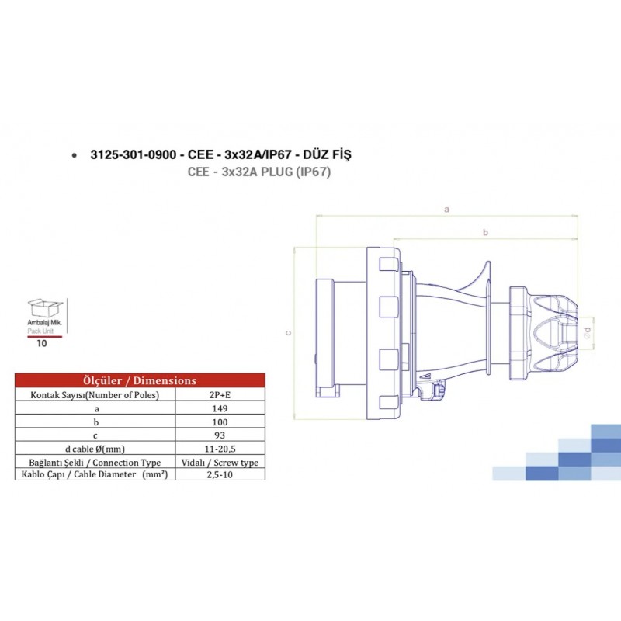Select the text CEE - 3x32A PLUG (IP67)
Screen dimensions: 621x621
click(259, 172)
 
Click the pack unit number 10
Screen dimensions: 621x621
click(42, 342)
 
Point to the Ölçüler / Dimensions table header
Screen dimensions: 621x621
click(140, 380)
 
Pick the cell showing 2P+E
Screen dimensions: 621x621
click(220, 395)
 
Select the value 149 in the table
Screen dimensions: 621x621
click(220, 408)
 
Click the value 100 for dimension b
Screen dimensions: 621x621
click(220, 422)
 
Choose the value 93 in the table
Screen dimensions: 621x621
click(220, 435)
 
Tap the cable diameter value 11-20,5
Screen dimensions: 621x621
click(220, 448)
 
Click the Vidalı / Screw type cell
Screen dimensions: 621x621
click(220, 462)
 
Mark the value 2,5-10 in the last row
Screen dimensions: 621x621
click(220, 474)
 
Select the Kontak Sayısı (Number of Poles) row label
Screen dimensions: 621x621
click(95, 395)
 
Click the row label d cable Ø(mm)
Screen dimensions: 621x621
click(96, 448)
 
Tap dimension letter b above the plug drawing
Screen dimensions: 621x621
click(485, 232)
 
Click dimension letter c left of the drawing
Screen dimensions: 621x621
click(288, 333)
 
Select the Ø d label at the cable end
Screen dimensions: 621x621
click(588, 331)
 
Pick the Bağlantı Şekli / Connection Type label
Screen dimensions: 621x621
click(95, 462)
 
